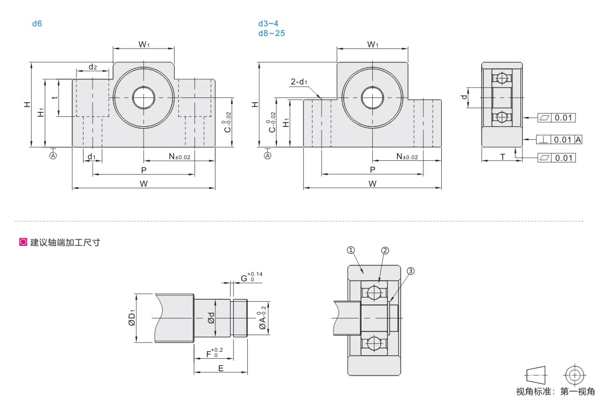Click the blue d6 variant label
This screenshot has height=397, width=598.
pyautogui.click(x=37, y=24)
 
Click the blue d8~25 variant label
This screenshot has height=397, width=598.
pyautogui.click(x=272, y=33)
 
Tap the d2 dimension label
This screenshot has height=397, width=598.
pyautogui.click(x=93, y=67)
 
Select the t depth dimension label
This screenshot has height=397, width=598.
pyautogui.click(x=55, y=97)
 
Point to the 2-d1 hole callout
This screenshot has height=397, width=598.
pyautogui.click(x=299, y=82)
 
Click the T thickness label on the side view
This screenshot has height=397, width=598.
pyautogui.click(x=503, y=157)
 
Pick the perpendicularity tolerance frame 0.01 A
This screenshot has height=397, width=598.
pyautogui.click(x=560, y=140)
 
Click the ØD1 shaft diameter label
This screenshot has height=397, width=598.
pyautogui.click(x=132, y=318)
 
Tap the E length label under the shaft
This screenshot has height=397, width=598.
pyautogui.click(x=221, y=368)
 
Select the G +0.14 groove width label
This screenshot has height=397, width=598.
pyautogui.click(x=252, y=277)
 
